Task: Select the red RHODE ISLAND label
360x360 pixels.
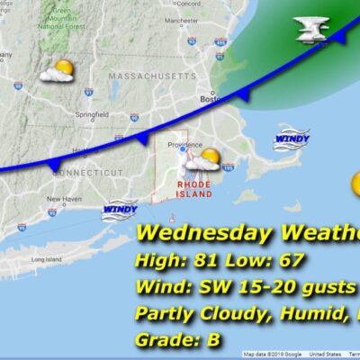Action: tap(193, 188)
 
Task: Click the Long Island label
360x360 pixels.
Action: tap(46, 259)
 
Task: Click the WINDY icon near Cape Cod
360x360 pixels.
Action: tap(292, 139)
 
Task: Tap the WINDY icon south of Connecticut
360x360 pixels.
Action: tap(120, 211)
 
